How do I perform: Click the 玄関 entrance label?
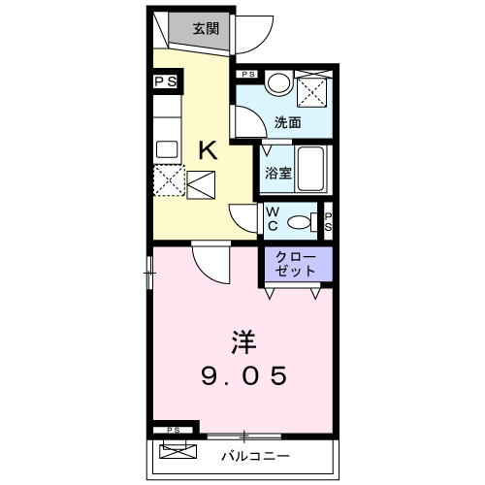coord(205,28)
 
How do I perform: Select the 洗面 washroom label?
coord(286,123)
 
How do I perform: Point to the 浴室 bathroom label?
coord(278,174)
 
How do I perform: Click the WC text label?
coord(273,221)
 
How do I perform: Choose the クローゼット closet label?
coord(295,265)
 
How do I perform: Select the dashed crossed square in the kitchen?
coord(170,179)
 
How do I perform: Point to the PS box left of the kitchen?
coord(166,81)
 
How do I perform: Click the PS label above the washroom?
coord(249,74)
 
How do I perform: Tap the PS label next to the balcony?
coord(174,430)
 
